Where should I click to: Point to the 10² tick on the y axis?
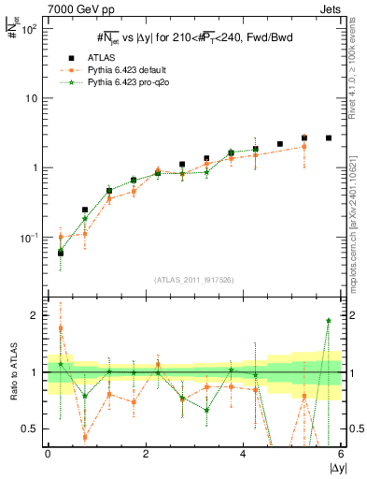[30, 28]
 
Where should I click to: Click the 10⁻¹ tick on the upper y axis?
[30, 238]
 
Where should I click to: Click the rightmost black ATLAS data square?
[329, 138]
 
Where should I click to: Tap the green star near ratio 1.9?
[329, 321]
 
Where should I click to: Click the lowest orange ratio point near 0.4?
[85, 437]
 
